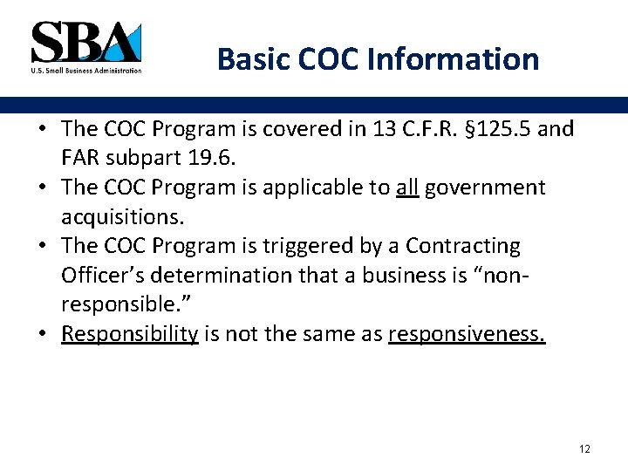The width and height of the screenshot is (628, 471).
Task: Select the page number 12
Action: click(x=584, y=448)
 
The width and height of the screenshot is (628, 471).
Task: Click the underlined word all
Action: click(x=407, y=188)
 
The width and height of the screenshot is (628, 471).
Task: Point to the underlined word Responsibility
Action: click(x=130, y=334)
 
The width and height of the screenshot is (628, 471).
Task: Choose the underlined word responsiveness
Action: click(x=467, y=334)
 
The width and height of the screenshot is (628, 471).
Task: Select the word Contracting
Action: click(x=463, y=246)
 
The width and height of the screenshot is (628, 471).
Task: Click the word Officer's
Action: click(x=104, y=276)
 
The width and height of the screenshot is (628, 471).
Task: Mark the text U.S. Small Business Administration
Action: click(x=85, y=70)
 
